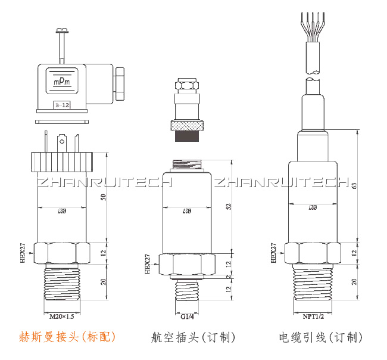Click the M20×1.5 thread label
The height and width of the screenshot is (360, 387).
pos(62,316)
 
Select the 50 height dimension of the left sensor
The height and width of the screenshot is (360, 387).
pos(104,197)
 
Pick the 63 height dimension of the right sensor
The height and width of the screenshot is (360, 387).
pos(355,186)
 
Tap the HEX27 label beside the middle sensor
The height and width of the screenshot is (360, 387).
pos(147,264)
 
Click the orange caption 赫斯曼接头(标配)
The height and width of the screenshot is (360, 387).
pos(67,337)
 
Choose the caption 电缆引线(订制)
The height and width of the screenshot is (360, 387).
pos(320,337)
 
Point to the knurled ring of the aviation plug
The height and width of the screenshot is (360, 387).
pos(188,126)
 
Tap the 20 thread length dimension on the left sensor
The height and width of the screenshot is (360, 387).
pos(104,283)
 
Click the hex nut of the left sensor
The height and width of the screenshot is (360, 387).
pos(62,253)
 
